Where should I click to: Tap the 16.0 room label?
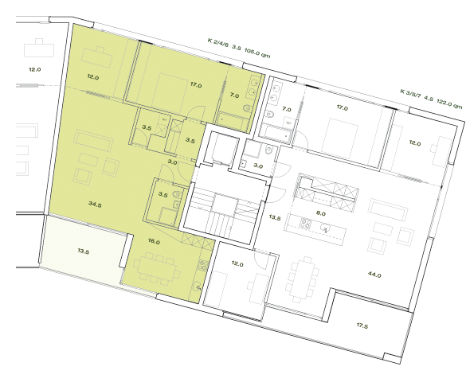coord(154,242)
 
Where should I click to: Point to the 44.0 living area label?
coord(374,275)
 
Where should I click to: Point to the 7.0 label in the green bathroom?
coord(234,96)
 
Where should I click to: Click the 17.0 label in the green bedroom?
coord(196,84)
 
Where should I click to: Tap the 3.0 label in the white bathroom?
coord(258,166)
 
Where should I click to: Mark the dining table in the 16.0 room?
coord(158,267)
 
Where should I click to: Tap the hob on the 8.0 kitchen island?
coord(306,222)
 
